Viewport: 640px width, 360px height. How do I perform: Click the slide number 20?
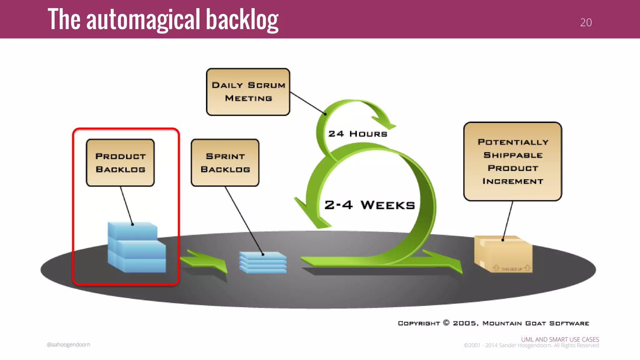(x=586, y=22)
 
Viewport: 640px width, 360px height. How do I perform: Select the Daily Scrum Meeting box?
(x=248, y=92)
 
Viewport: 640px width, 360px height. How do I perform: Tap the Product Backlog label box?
(x=120, y=163)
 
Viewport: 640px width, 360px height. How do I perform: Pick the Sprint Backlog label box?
(x=225, y=163)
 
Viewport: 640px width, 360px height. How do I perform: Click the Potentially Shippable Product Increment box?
(x=512, y=161)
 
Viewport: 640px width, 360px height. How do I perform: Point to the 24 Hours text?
(x=357, y=134)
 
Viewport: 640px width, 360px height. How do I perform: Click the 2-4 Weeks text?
(x=370, y=205)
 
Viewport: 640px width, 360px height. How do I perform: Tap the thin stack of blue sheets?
(x=263, y=263)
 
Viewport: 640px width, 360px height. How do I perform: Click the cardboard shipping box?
(x=503, y=254)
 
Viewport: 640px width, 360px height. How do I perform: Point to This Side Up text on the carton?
(x=512, y=269)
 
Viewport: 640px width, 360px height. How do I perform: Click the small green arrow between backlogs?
(x=205, y=261)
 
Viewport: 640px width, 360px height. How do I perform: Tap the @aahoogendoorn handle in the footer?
(x=68, y=344)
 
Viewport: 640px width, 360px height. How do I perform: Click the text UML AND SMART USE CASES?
(x=560, y=339)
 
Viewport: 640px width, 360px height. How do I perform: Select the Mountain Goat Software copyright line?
(x=493, y=323)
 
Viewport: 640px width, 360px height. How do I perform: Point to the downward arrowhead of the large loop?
(x=312, y=216)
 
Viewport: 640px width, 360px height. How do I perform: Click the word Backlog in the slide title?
(x=242, y=20)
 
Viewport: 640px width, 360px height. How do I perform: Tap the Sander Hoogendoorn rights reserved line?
(x=531, y=346)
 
